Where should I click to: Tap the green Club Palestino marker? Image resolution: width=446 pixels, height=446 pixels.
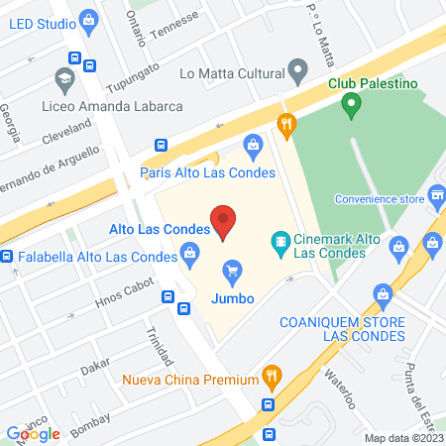[x=350, y=102]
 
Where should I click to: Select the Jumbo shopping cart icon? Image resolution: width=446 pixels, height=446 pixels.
[x=233, y=270]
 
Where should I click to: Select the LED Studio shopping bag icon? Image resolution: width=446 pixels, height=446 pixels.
[x=89, y=18]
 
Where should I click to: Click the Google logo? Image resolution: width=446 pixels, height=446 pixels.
[x=33, y=433]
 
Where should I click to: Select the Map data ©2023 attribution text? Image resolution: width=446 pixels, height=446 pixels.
[x=402, y=438]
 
